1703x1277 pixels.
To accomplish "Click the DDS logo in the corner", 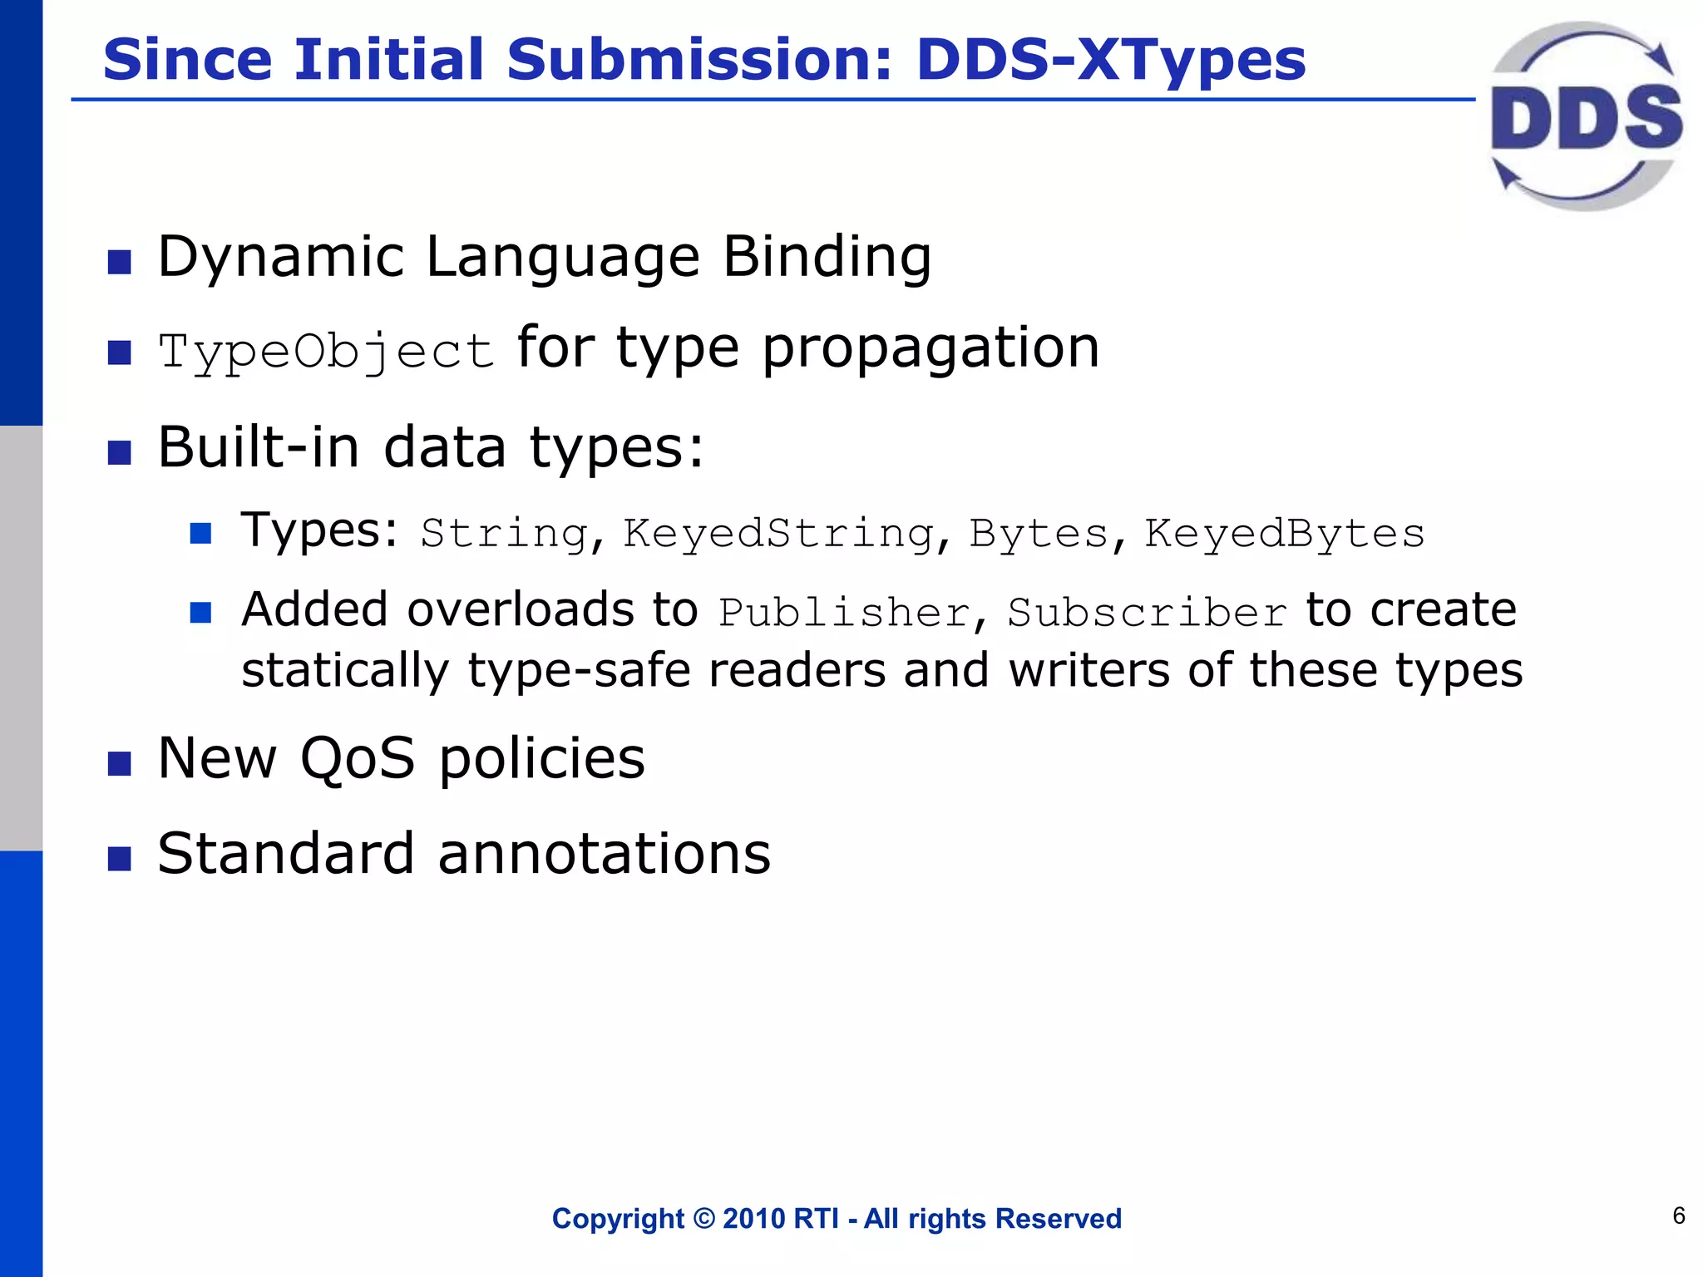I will point(1586,116).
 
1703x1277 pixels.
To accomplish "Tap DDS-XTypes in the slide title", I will point(1111,60).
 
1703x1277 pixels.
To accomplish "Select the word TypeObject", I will point(327,351).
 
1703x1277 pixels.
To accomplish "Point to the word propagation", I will point(930,348).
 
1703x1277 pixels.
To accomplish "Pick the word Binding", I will point(827,258).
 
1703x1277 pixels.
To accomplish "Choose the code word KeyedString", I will point(779,534).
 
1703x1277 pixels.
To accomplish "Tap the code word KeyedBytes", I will point(1285,534).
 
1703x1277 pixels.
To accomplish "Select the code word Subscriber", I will point(1148,614).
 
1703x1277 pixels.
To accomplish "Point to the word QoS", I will point(357,758).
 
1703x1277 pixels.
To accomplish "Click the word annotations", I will point(605,854).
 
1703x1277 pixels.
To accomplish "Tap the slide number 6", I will point(1679,1216).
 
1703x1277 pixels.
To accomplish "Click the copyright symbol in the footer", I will point(703,1219).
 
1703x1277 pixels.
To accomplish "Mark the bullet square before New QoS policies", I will point(120,763).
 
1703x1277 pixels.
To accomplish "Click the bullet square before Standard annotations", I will point(120,859).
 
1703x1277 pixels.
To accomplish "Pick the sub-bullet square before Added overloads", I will point(200,614).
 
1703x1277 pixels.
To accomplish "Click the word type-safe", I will point(579,670).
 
